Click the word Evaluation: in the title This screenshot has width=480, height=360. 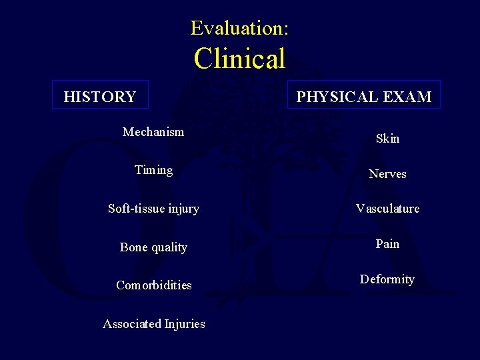pyautogui.click(x=239, y=28)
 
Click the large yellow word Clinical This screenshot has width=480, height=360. pyautogui.click(x=239, y=59)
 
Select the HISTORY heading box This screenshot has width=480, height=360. pyautogui.click(x=100, y=95)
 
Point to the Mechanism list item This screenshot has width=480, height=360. pyautogui.click(x=153, y=132)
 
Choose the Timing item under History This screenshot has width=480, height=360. pyautogui.click(x=153, y=170)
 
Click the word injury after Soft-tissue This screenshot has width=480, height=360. pyautogui.click(x=184, y=209)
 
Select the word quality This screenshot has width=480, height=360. pyautogui.click(x=169, y=248)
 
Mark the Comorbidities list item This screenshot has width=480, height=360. pyautogui.click(x=154, y=285)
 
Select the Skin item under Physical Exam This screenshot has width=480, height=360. pyautogui.click(x=387, y=139)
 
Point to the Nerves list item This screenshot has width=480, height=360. pyautogui.click(x=387, y=174)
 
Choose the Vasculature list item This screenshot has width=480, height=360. pyautogui.click(x=387, y=209)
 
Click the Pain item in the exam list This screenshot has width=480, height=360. pyautogui.click(x=387, y=244)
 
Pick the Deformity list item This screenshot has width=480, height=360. pyautogui.click(x=387, y=279)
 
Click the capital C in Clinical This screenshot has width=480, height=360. pyautogui.click(x=203, y=59)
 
